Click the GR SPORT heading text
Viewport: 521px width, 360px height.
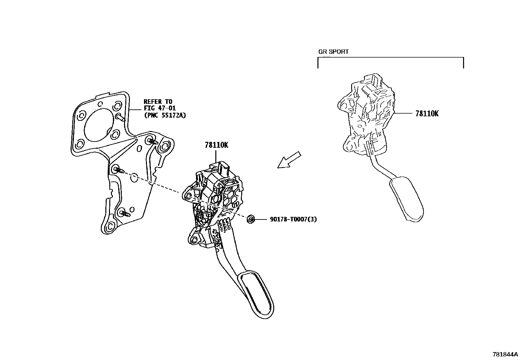tap(333, 52)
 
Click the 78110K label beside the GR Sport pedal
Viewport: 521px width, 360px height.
tap(427, 114)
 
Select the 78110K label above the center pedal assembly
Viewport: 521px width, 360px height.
tap(216, 145)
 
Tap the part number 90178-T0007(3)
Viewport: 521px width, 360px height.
tap(293, 219)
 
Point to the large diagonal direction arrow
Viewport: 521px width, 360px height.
tap(289, 160)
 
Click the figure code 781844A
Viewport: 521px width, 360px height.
tap(506, 354)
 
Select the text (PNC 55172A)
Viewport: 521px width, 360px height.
tap(165, 115)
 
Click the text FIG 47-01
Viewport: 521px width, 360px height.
tap(160, 108)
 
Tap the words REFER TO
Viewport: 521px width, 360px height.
tap(158, 102)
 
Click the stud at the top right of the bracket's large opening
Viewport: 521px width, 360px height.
tap(119, 117)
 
